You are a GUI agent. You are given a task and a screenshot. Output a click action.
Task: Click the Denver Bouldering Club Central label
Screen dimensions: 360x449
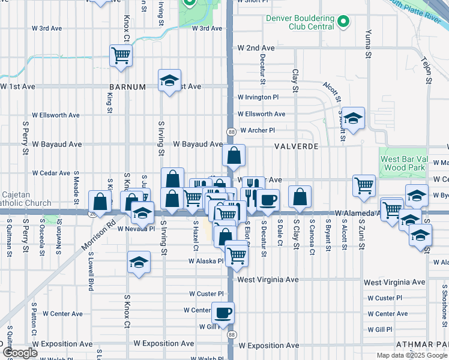(300, 22)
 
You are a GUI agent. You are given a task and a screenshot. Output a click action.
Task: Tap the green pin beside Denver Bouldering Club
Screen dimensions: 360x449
(343, 22)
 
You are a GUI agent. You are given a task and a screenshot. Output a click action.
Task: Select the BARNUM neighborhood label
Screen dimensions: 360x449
(128, 86)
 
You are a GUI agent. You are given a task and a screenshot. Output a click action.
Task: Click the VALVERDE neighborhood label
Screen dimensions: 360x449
(295, 146)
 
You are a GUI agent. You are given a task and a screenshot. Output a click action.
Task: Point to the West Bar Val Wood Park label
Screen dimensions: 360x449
(403, 163)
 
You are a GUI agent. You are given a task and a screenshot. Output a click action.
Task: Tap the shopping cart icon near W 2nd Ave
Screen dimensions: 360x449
(121, 55)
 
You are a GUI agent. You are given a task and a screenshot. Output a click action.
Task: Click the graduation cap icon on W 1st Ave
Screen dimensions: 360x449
(170, 79)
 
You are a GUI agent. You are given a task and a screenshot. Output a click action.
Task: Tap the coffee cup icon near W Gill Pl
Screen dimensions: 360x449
(223, 312)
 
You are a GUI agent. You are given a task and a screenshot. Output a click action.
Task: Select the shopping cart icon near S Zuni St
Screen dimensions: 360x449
(364, 185)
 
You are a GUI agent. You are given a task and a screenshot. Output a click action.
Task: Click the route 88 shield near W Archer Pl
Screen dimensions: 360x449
(231, 131)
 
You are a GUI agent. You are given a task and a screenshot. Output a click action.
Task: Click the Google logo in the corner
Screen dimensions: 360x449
(19, 353)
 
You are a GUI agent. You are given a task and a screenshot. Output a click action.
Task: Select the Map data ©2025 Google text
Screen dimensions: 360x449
(411, 355)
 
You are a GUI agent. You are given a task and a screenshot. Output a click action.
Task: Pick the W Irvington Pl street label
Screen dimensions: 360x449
(258, 97)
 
